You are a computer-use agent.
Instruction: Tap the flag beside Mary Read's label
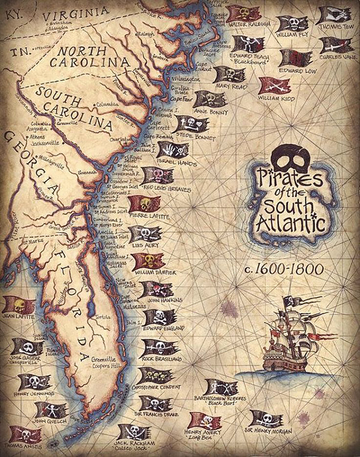click(x=230, y=75)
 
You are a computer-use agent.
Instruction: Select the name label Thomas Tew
click(x=334, y=27)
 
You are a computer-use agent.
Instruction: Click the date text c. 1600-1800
click(x=287, y=268)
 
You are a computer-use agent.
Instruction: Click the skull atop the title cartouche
click(x=290, y=158)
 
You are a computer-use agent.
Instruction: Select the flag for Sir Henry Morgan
click(x=265, y=419)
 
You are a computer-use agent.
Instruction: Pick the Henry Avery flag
click(x=203, y=420)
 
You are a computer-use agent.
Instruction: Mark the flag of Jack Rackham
click(x=133, y=431)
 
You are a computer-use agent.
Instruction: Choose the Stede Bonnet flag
click(x=191, y=124)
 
